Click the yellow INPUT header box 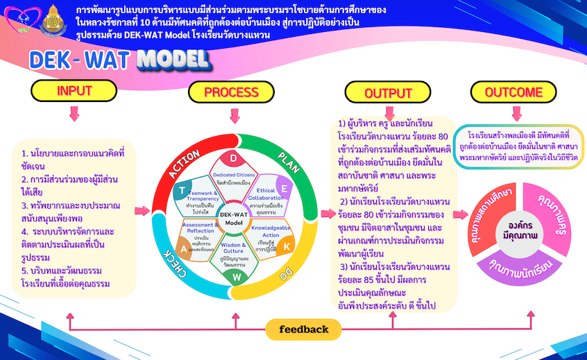pos(74,90)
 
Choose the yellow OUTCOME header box pos(513,92)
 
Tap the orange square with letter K pos(287,246)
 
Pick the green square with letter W pos(235,276)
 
